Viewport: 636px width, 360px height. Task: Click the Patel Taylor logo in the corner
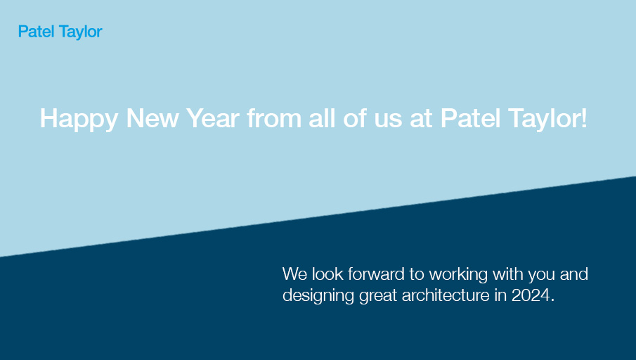[60, 32]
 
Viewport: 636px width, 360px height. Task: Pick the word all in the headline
[323, 118]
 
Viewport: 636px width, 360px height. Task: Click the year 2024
[532, 295]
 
